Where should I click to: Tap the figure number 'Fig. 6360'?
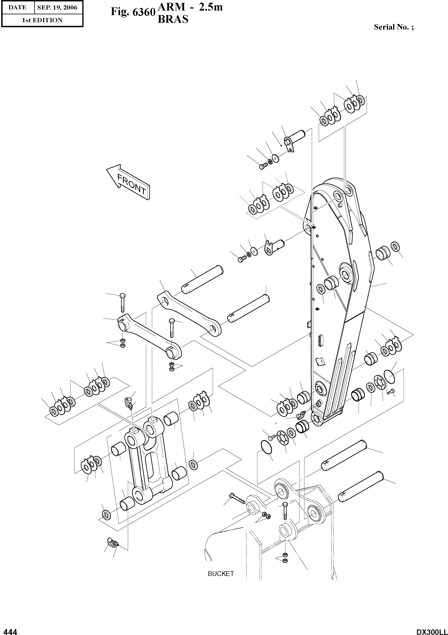pyautogui.click(x=132, y=12)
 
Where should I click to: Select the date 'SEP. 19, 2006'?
pyautogui.click(x=57, y=8)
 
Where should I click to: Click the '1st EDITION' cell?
pyautogui.click(x=42, y=20)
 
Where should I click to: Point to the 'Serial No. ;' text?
pyautogui.click(x=394, y=27)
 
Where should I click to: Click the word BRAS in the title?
pyautogui.click(x=173, y=19)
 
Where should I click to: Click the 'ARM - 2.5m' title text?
pyautogui.click(x=190, y=7)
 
